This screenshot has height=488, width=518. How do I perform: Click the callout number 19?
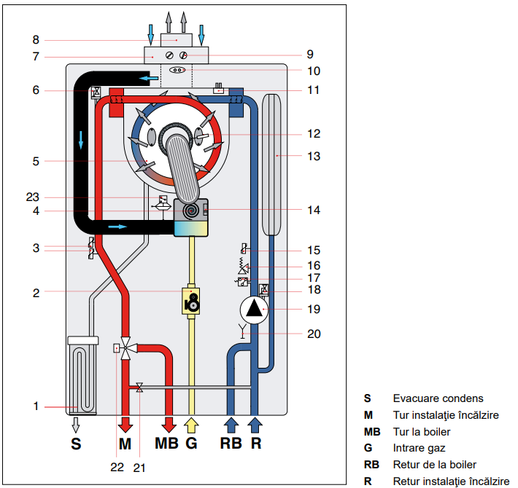[x=314, y=309]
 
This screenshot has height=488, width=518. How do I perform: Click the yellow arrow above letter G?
[x=192, y=424]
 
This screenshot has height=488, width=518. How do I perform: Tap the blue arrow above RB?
[x=231, y=424]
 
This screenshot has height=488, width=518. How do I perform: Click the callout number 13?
[x=314, y=156]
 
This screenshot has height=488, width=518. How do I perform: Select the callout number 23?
[x=34, y=197]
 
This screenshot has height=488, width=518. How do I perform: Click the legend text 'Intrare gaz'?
[x=419, y=448]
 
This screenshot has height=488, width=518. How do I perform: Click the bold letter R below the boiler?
[x=256, y=444]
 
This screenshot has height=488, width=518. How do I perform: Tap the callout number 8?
[x=34, y=40]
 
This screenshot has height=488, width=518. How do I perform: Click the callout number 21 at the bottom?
[x=139, y=468]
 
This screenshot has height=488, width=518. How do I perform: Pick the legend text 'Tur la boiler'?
[x=422, y=431]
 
